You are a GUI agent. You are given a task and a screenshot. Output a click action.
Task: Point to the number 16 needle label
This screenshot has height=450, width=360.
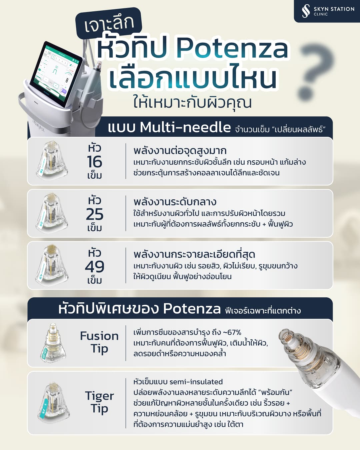click(94, 162)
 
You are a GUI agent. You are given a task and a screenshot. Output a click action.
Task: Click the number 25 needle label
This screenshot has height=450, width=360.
click(94, 214)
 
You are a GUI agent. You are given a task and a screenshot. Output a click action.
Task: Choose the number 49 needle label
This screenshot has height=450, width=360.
click(94, 266)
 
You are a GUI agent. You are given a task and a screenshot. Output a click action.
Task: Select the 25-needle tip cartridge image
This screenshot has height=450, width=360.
click(52, 213)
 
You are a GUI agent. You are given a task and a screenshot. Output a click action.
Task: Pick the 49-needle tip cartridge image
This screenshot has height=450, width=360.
click(52, 265)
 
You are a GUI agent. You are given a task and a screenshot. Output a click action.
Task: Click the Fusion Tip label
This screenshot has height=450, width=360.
click(99, 342)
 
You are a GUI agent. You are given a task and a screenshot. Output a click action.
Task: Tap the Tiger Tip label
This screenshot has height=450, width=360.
click(99, 402)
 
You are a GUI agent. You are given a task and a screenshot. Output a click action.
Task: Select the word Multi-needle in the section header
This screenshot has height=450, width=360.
click(185, 127)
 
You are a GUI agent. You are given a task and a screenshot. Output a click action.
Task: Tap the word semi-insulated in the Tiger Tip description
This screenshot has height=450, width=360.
click(196, 382)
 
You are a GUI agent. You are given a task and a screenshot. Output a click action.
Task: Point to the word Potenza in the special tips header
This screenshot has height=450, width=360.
click(192, 309)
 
